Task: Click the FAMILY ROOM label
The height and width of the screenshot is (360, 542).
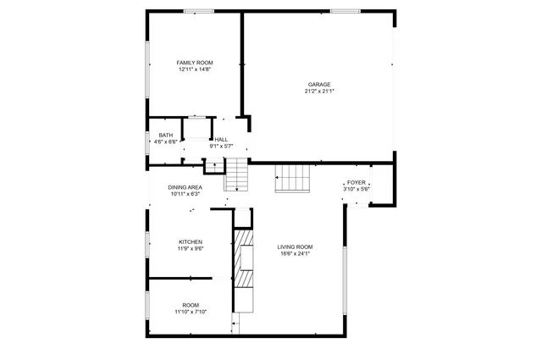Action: pyautogui.click(x=194, y=63)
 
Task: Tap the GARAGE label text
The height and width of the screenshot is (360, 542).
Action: pyautogui.click(x=318, y=84)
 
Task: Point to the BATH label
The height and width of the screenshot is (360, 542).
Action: pyautogui.click(x=166, y=135)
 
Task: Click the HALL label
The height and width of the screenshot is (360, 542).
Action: pyautogui.click(x=221, y=139)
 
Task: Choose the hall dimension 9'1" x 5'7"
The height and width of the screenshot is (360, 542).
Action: pyautogui.click(x=221, y=146)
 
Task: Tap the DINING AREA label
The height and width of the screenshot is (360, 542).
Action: pyautogui.click(x=185, y=187)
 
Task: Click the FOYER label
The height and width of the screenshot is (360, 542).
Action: pyautogui.click(x=356, y=182)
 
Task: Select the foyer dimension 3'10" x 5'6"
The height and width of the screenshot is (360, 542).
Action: pyautogui.click(x=356, y=189)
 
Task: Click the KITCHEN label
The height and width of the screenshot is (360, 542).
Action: pyautogui.click(x=190, y=241)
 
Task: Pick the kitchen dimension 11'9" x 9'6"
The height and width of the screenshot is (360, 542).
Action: pyautogui.click(x=190, y=248)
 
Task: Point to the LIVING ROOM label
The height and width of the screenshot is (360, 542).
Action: pyautogui.click(x=295, y=246)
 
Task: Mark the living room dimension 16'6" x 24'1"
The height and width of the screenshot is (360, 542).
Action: pyautogui.click(x=295, y=253)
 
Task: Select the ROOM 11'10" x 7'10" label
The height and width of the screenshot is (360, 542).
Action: pyautogui.click(x=191, y=307)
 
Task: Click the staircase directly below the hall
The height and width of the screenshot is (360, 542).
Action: pyautogui.click(x=238, y=178)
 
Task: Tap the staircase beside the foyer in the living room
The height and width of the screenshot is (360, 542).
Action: pyautogui.click(x=294, y=179)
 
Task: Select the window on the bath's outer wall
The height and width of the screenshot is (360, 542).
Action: pyautogui.click(x=147, y=142)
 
